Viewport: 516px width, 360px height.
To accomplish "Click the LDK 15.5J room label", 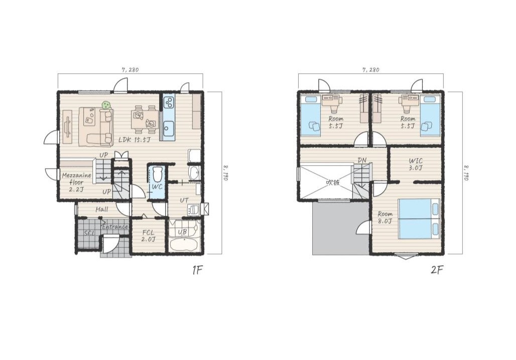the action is pyautogui.click(x=135, y=140).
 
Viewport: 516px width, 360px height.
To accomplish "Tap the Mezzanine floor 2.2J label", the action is pyautogui.click(x=76, y=182).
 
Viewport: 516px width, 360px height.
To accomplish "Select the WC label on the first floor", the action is pyautogui.click(x=157, y=187).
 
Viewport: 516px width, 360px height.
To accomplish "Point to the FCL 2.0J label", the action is pyautogui.click(x=148, y=236).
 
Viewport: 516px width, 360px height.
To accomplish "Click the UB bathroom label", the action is pyautogui.click(x=182, y=232).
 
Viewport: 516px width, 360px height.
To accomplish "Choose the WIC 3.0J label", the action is pyautogui.click(x=416, y=164).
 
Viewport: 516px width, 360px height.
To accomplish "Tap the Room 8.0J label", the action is pyautogui.click(x=385, y=217).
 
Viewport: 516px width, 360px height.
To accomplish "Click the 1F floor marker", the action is pyautogui.click(x=197, y=270).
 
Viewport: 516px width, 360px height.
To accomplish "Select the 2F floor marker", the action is pyautogui.click(x=437, y=270).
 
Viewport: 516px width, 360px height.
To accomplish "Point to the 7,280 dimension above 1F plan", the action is pyautogui.click(x=131, y=70).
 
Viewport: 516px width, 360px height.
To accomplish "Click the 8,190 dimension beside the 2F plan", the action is pyautogui.click(x=466, y=173).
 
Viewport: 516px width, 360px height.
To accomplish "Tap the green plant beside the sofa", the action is pyautogui.click(x=105, y=105).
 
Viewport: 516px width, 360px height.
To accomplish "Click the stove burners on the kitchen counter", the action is pyautogui.click(x=169, y=102).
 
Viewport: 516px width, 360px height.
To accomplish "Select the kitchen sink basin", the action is pyautogui.click(x=169, y=126).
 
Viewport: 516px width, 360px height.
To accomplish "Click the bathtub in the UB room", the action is pyautogui.click(x=184, y=245).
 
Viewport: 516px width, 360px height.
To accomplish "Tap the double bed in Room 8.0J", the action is pyautogui.click(x=419, y=218).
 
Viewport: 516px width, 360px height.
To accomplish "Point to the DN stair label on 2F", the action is pyautogui.click(x=362, y=160).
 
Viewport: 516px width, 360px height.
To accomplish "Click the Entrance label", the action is pyautogui.click(x=115, y=227).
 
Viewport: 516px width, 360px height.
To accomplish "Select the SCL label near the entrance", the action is pyautogui.click(x=89, y=233).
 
